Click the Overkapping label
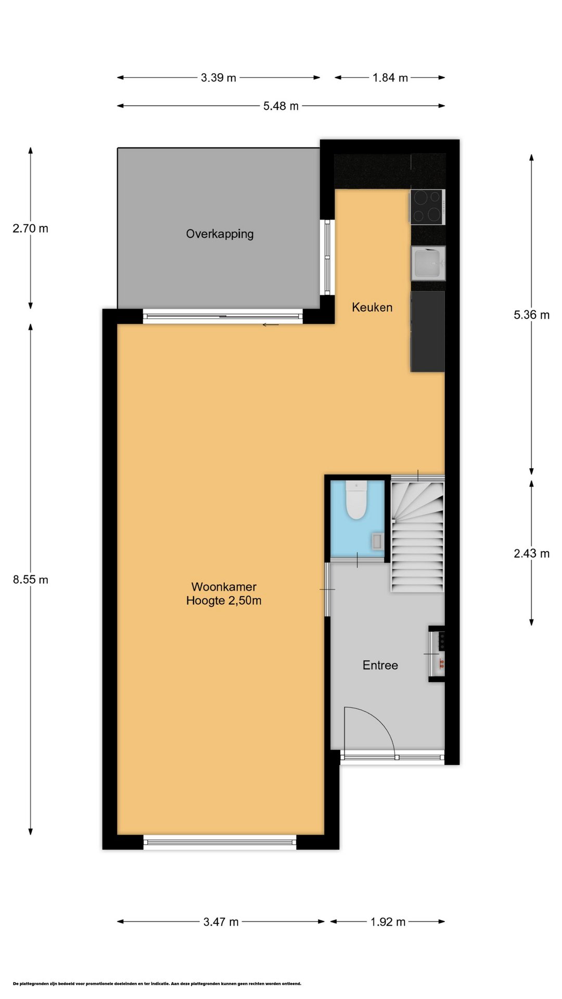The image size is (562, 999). [220, 234]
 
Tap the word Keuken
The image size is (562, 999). [372, 307]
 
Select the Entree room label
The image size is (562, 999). [380, 665]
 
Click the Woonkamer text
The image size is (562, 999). [224, 586]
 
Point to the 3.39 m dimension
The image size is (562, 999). [219, 78]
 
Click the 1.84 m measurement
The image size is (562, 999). [390, 78]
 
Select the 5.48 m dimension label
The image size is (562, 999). [281, 106]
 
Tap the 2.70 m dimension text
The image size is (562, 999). [31, 228]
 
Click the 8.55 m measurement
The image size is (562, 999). [31, 580]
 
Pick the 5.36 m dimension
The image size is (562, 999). [532, 315]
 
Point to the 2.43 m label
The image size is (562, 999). [532, 554]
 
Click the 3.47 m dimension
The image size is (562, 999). [221, 922]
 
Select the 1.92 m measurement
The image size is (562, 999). [388, 922]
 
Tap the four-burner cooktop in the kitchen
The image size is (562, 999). [427, 207]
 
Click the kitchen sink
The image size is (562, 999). [428, 263]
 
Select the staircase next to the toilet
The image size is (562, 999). [417, 536]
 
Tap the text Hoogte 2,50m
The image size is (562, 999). [224, 600]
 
